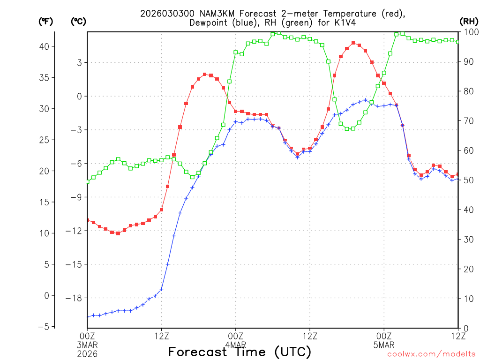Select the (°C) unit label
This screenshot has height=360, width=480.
[x=78, y=21]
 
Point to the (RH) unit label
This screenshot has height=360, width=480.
[x=469, y=21]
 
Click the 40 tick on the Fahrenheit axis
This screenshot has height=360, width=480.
[x=45, y=46]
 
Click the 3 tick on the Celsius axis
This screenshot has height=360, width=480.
[x=80, y=63]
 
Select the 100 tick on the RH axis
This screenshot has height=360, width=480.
[x=470, y=32]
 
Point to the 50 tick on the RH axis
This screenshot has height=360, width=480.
[x=468, y=180]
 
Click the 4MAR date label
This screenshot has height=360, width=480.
[x=235, y=345]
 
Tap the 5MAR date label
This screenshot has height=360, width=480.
[x=384, y=345]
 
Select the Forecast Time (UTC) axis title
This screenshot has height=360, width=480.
[x=240, y=352]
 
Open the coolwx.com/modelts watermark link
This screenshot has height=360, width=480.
[x=431, y=354]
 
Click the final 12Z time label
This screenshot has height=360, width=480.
[x=458, y=335]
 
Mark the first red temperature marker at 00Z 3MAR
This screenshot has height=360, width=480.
[x=88, y=220]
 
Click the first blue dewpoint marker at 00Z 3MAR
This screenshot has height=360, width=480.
[x=88, y=317]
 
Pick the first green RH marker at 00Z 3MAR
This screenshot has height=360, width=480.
[x=88, y=181]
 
